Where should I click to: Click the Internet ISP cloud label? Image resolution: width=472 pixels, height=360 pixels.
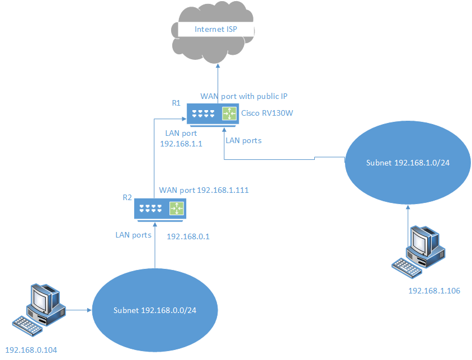(216, 29)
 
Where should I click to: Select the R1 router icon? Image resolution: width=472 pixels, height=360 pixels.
(211, 113)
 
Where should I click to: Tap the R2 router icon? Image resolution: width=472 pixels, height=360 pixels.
(160, 209)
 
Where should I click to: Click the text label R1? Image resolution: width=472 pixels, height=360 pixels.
(177, 103)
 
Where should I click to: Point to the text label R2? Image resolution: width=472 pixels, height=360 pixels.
(127, 197)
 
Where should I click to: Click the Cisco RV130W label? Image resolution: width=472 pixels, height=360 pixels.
(267, 113)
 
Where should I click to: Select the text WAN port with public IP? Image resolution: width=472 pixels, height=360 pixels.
(243, 96)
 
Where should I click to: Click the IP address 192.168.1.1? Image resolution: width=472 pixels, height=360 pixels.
(181, 144)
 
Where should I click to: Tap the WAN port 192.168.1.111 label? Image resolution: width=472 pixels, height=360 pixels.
(204, 190)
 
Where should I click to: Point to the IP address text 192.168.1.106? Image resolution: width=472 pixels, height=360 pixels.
(434, 291)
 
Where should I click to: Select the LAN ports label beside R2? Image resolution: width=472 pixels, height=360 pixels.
(133, 235)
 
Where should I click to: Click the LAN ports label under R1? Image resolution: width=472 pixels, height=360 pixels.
(243, 140)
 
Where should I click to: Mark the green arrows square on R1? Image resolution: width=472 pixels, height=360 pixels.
(229, 113)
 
